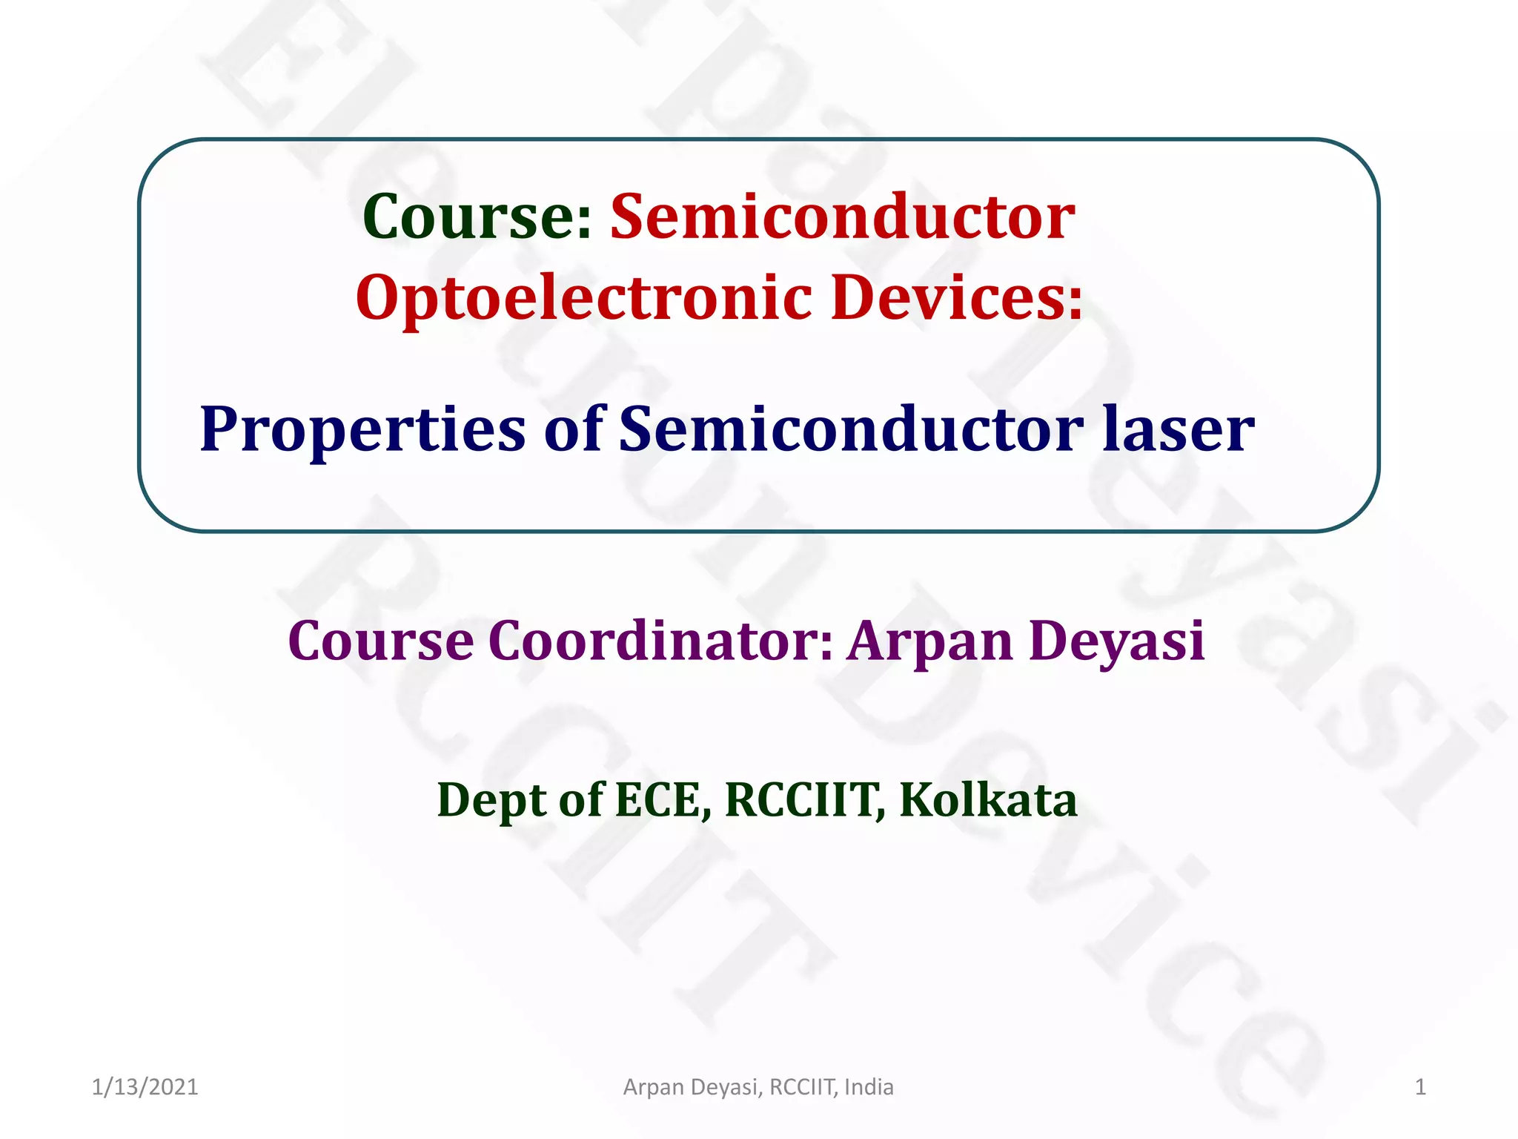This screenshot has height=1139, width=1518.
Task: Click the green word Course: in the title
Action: point(477,217)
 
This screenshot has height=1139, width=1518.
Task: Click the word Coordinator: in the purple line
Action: point(660,641)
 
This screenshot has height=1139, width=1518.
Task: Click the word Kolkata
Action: point(988,799)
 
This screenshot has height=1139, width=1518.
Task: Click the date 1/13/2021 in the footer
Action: point(145,1087)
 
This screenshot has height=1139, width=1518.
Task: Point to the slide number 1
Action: point(1420,1087)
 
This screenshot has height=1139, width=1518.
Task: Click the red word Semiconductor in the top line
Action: point(842,217)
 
